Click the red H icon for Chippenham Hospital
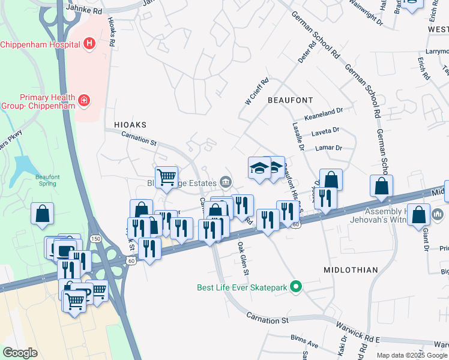89,43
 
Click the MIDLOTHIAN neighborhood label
351,270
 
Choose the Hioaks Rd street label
112,32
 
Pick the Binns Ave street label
303,339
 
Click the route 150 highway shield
95,239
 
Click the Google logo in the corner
20,353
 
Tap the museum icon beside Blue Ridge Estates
226,181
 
